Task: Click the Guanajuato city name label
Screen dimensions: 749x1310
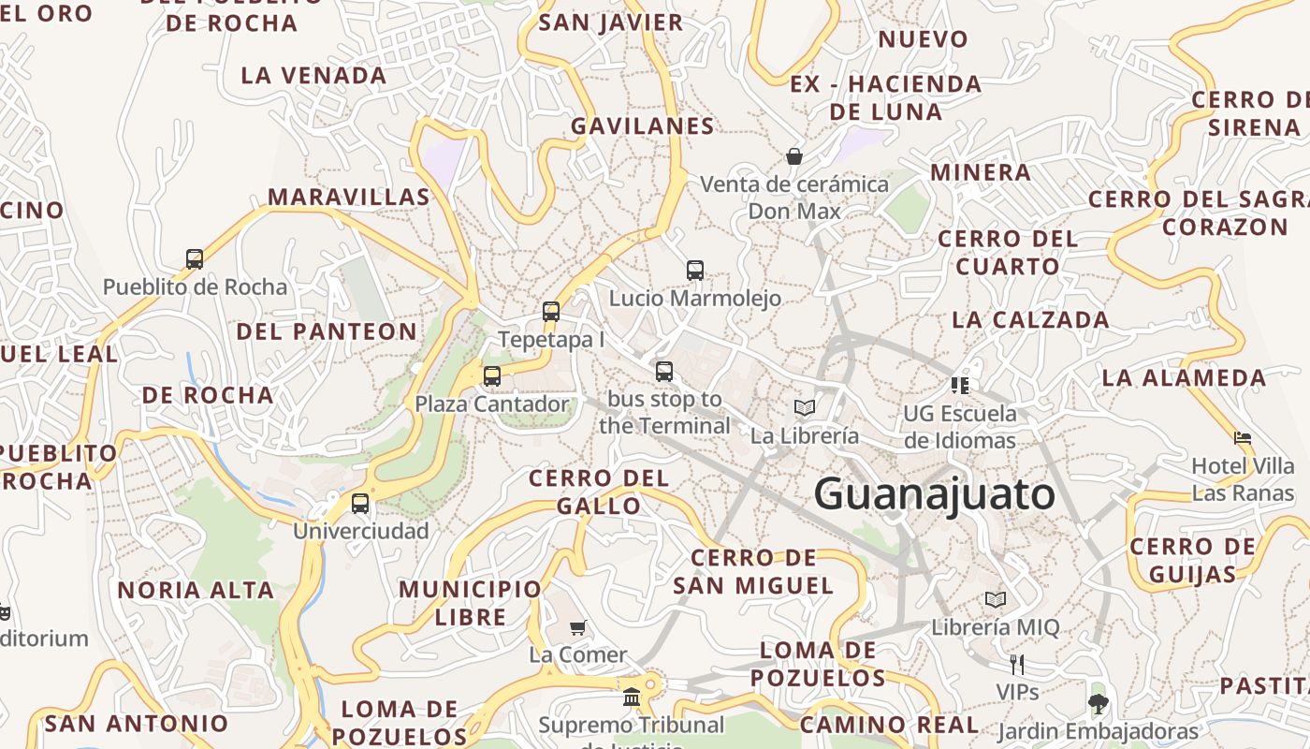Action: (x=934, y=493)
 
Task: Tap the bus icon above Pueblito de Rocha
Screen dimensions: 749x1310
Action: (x=195, y=259)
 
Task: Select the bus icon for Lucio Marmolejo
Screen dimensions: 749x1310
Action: (x=695, y=271)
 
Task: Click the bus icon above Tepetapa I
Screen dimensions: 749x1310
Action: (x=551, y=312)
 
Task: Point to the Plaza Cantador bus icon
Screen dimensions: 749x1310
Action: (x=492, y=376)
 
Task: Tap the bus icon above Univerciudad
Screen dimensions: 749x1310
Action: (x=360, y=504)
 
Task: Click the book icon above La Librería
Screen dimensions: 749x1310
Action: (x=805, y=407)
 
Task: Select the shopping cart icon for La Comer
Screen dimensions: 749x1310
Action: (x=578, y=627)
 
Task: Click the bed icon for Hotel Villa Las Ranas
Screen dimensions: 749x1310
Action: (x=1243, y=437)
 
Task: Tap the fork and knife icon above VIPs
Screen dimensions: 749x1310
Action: (x=1017, y=665)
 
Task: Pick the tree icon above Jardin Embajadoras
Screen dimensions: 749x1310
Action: (x=1098, y=703)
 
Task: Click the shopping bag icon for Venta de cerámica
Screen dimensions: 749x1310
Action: (x=794, y=156)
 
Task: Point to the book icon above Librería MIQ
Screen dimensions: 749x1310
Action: (x=996, y=599)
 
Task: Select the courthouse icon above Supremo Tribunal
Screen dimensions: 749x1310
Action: (x=632, y=698)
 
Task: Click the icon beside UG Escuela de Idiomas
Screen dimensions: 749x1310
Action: (x=959, y=385)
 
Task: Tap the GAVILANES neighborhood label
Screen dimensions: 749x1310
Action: (x=643, y=126)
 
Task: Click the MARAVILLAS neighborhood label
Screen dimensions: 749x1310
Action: (x=349, y=197)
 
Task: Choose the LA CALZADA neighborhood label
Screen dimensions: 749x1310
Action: (x=1030, y=320)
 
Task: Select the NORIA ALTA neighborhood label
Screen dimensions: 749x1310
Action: (x=196, y=591)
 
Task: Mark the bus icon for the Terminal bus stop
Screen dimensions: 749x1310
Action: (x=664, y=372)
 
